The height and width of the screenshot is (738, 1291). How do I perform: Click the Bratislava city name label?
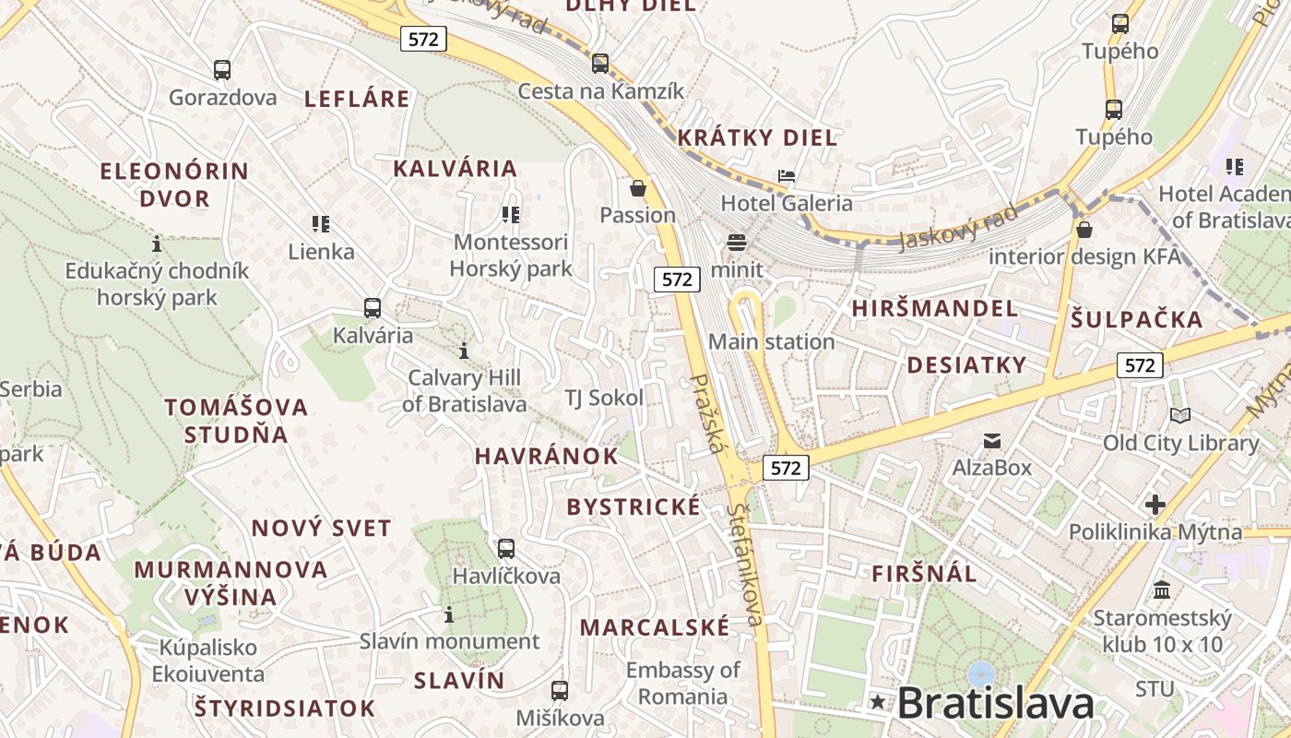[995, 703]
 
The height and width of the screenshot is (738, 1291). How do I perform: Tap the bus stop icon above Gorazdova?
[222, 69]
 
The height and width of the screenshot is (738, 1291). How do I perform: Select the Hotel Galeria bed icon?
[787, 175]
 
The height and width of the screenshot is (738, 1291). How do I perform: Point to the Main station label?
[771, 341]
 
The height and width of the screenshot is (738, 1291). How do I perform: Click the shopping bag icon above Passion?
[637, 189]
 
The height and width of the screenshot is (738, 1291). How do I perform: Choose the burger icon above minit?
[736, 243]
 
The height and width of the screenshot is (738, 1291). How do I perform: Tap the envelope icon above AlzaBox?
[992, 441]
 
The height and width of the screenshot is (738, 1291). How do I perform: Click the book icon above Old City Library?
[1179, 416]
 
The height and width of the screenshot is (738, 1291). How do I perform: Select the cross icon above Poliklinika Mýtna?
[1155, 505]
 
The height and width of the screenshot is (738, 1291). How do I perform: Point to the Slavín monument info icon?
[449, 614]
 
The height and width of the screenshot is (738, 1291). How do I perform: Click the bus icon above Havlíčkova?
[506, 549]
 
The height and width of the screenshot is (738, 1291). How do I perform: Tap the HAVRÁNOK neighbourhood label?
[546, 456]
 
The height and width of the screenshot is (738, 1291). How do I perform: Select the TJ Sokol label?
[604, 398]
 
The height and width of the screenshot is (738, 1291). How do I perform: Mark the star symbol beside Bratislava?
[878, 703]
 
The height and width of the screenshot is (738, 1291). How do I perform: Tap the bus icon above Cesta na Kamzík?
[600, 64]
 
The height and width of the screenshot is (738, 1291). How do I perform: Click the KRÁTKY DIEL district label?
[757, 137]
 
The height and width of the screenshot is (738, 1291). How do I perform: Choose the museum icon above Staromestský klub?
[1162, 589]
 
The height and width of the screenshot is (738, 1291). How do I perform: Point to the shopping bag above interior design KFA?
[1084, 229]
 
